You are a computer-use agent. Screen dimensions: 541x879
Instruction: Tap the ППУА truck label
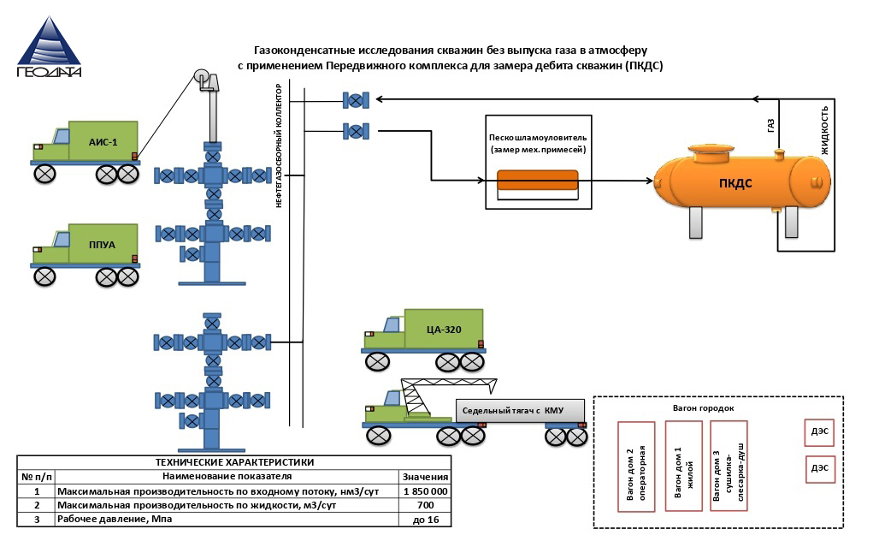(x=103, y=244)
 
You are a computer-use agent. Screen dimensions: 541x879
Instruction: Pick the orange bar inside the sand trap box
(x=538, y=180)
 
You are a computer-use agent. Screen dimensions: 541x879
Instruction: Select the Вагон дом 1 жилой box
(x=683, y=467)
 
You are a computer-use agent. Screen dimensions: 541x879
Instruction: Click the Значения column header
(x=424, y=477)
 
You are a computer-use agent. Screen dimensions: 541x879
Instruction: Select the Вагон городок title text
(x=703, y=408)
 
